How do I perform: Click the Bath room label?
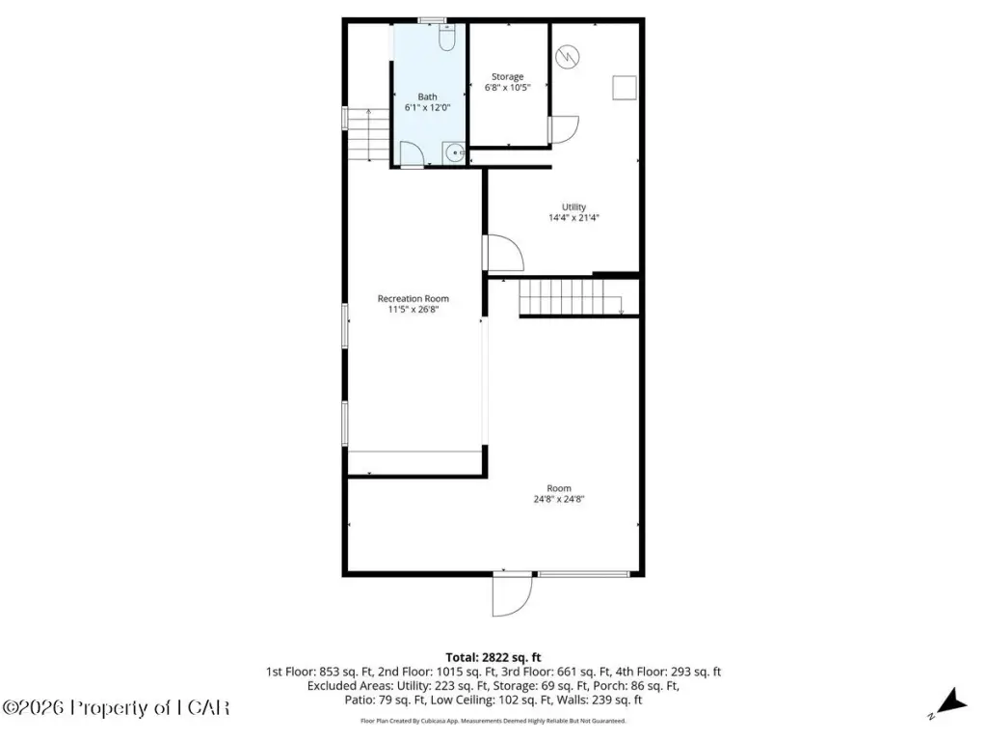(x=427, y=97)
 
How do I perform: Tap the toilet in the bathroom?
(x=447, y=38)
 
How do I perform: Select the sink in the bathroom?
(x=454, y=153)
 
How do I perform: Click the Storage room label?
(x=507, y=77)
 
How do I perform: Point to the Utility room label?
(x=574, y=206)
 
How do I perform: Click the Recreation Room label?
(x=413, y=299)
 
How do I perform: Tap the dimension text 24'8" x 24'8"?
(x=559, y=499)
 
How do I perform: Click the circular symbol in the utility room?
(x=568, y=57)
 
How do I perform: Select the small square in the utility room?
(x=625, y=88)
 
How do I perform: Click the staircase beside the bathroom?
(x=368, y=134)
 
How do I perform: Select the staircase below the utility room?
(x=571, y=297)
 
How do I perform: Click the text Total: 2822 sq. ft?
(x=493, y=658)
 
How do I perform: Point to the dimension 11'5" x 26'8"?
(x=413, y=310)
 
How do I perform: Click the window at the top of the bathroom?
(x=433, y=20)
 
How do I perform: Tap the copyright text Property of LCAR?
(x=149, y=707)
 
